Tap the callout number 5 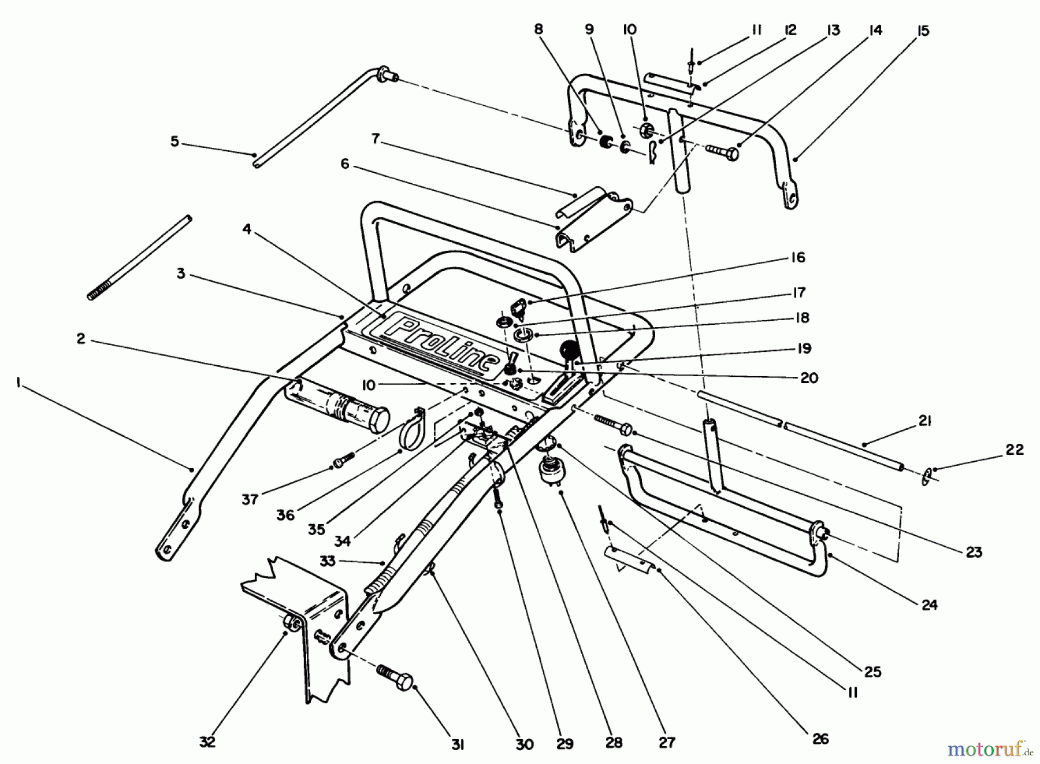[175, 141]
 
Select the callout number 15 [923, 31]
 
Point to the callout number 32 [207, 742]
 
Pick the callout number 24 [929, 605]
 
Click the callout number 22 [1015, 449]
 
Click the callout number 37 [250, 499]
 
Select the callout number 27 [667, 742]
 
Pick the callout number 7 [376, 139]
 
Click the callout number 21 [924, 421]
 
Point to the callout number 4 [247, 229]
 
